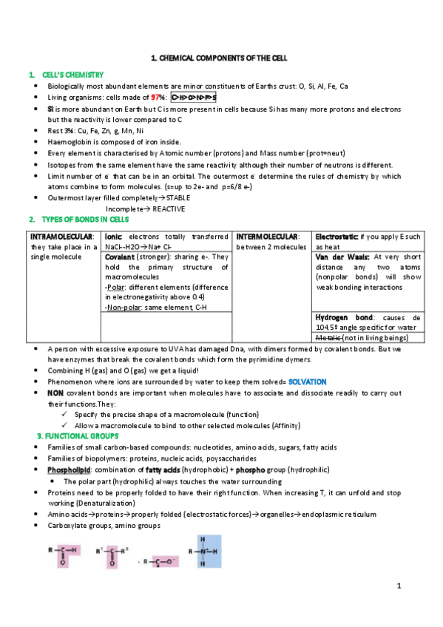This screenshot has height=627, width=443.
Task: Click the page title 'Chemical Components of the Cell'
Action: [218, 57]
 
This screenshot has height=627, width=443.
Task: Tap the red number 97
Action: [155, 97]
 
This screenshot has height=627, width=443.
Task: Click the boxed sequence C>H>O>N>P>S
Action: [194, 97]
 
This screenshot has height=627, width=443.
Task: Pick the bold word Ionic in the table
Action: [113, 236]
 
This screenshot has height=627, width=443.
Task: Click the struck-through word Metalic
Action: [329, 337]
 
